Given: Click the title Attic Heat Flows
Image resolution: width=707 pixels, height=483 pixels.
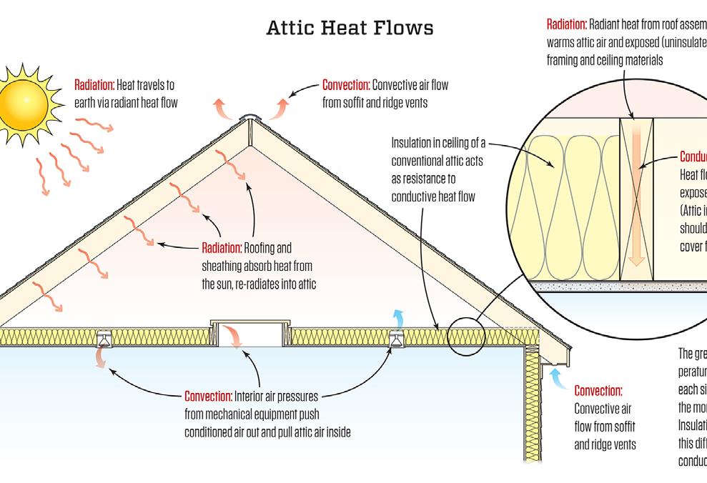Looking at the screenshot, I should tap(350, 28).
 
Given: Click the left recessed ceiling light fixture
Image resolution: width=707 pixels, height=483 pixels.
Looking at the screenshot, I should tap(105, 338).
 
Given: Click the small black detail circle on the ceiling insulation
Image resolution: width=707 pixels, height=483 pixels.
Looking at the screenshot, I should tap(465, 334).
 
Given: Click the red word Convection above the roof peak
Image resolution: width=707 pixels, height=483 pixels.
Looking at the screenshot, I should tap(345, 85).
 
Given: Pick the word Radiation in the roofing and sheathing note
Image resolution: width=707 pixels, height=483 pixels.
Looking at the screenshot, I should tap(222, 249).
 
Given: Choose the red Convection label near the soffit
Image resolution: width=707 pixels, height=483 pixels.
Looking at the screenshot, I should tap(598, 391).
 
